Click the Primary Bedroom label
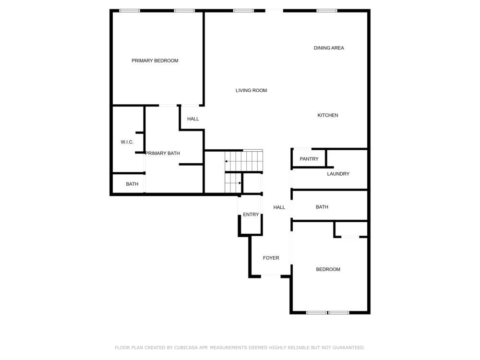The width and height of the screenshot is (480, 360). [155, 60]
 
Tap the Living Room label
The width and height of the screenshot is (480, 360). [252, 90]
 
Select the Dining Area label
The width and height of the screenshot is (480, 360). [329, 48]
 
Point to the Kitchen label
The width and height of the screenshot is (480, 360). [328, 115]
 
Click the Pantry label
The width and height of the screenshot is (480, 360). [309, 159]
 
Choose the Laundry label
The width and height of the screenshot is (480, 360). [338, 174]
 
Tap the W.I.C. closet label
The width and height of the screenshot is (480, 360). [127, 142]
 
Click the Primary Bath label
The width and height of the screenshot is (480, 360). [163, 154]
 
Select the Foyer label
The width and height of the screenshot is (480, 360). [271, 258]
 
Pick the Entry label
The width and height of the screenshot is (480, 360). [251, 215]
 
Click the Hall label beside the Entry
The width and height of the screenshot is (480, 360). [279, 207]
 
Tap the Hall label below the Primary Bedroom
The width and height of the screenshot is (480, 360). [193, 119]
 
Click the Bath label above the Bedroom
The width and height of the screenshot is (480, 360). [322, 207]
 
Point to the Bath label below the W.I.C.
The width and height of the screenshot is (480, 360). [132, 184]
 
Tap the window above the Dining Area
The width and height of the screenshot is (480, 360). [327, 11]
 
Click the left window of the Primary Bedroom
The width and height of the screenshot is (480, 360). [130, 11]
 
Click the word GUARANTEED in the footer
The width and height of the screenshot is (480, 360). [348, 348]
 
